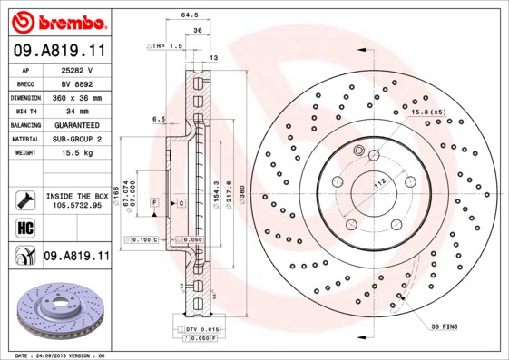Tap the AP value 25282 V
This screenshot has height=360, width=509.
coord(78,70)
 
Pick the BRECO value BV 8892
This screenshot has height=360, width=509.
coord(78,83)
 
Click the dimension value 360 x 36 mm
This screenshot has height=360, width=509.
coord(78,97)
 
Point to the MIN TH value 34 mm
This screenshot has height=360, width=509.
coord(78,111)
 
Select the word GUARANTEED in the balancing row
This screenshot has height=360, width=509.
coord(78,124)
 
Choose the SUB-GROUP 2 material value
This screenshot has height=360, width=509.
coord(78,139)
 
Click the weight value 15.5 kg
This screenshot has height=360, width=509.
coord(78,152)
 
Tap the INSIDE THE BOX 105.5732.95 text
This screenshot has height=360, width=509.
coord(78,200)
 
